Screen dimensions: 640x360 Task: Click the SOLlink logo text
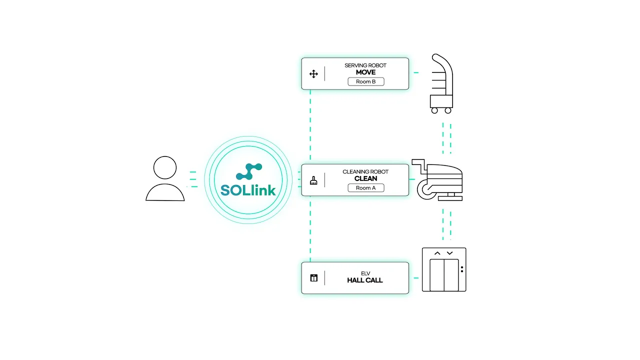tap(248, 190)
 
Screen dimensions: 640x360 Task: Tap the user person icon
tap(165, 179)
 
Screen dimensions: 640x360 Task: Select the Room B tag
tap(366, 81)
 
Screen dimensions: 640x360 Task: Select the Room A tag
tap(365, 188)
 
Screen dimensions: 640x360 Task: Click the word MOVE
tap(365, 72)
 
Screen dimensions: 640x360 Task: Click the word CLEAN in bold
tap(365, 178)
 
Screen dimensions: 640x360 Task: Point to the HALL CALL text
tap(365, 280)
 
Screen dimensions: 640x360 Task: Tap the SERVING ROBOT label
tap(365, 65)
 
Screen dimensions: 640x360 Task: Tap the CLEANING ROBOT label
tap(365, 171)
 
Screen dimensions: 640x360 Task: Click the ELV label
tap(365, 273)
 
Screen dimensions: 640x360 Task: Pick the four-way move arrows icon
tap(313, 74)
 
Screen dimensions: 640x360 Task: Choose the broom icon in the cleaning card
tap(313, 180)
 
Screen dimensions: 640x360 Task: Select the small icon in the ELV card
tap(313, 278)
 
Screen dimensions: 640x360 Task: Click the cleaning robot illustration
tap(438, 179)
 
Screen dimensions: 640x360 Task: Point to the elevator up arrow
tap(437, 253)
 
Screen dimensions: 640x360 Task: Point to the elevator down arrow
tap(449, 253)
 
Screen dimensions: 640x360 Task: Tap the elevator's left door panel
tap(437, 274)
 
